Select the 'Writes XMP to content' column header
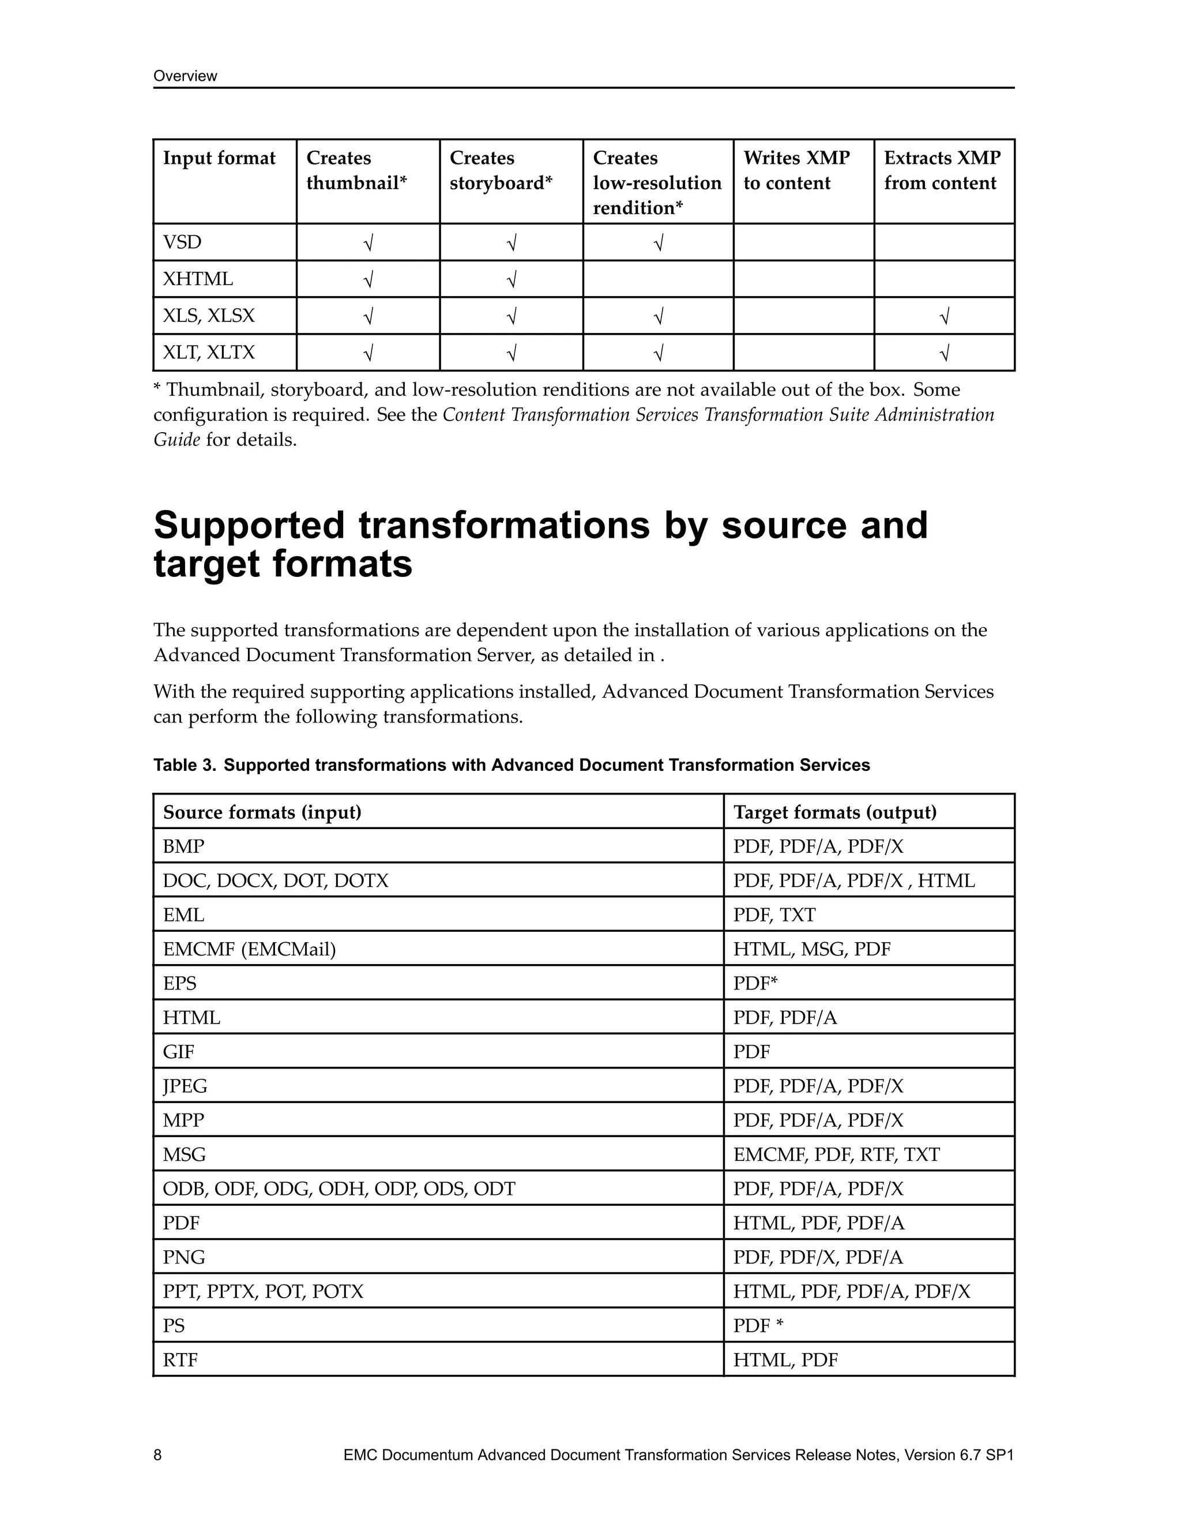point(796,171)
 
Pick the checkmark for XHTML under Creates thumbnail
point(368,279)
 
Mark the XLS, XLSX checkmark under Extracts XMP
point(944,316)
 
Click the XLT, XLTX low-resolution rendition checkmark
point(657,353)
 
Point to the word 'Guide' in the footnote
point(176,440)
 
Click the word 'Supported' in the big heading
point(249,526)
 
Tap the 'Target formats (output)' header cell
point(834,812)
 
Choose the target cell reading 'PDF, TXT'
point(774,915)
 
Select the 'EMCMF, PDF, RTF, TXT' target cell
point(836,1155)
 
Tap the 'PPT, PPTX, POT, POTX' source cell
point(263,1292)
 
